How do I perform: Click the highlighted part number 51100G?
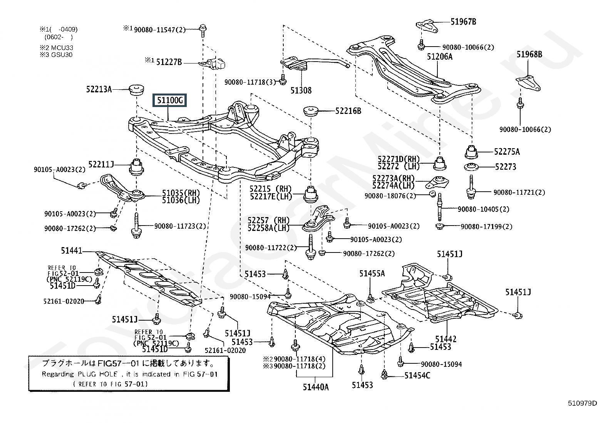(170, 100)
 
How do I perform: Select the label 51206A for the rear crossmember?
(439, 57)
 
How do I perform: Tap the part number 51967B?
(463, 22)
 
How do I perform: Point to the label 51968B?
(529, 54)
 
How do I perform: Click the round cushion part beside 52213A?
(137, 90)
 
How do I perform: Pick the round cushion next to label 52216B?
(311, 111)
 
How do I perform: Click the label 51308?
(301, 90)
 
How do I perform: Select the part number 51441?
(72, 250)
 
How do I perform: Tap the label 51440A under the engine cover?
(315, 387)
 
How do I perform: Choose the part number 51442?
(446, 339)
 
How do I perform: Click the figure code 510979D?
(582, 403)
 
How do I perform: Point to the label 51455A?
(372, 273)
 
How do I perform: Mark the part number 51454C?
(417, 376)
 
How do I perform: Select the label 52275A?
(507, 152)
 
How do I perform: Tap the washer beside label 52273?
(471, 166)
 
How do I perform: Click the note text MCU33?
(62, 48)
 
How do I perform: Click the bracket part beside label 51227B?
(214, 63)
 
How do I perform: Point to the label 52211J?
(101, 164)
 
